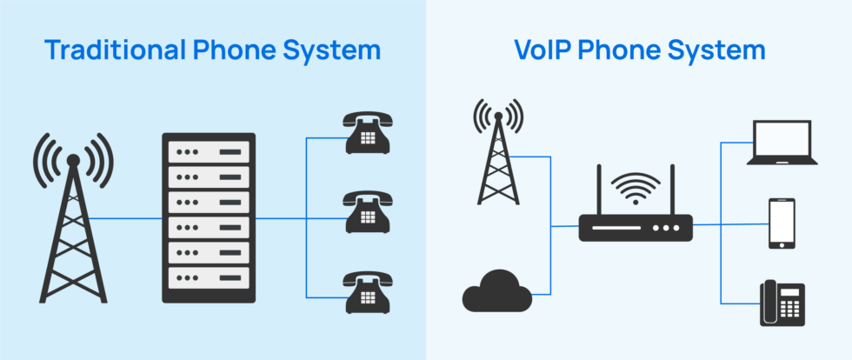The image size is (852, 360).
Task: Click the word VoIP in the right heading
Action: pos(542,50)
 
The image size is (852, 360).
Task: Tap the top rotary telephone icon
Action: pos(368,133)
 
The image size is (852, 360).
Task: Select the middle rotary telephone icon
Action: pos(368,212)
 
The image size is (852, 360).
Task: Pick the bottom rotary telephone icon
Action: pos(368,292)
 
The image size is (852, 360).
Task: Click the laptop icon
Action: pos(782,143)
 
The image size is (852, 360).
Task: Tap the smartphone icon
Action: pos(782,223)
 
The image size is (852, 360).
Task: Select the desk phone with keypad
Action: pos(782,303)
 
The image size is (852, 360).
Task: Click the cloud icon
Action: pos(496,291)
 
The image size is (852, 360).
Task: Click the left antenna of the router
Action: pos(599,190)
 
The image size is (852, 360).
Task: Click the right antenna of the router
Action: pos(672,190)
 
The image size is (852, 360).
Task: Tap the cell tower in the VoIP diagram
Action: pos(498,151)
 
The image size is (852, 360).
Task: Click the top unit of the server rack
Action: pos(209,151)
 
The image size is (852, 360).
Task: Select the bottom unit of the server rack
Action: pos(209,278)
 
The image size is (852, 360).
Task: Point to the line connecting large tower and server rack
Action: pos(125,218)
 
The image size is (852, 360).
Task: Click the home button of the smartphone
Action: pos(782,244)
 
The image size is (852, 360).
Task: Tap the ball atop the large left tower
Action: pos(73,160)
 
